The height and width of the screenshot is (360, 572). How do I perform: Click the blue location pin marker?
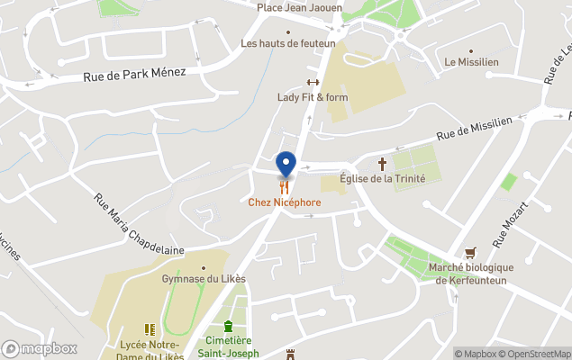pyautogui.click(x=286, y=163)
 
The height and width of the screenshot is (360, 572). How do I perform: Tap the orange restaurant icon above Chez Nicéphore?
pyautogui.click(x=285, y=187)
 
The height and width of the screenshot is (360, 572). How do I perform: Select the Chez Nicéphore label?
pyautogui.click(x=285, y=202)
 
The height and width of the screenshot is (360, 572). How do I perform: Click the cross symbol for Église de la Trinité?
pyautogui.click(x=382, y=164)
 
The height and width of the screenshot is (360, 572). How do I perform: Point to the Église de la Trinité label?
pyautogui.click(x=382, y=178)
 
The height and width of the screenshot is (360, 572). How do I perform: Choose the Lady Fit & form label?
pyautogui.click(x=313, y=97)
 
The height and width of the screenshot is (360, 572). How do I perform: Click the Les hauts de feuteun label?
pyautogui.click(x=288, y=43)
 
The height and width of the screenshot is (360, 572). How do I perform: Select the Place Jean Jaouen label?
pyautogui.click(x=299, y=7)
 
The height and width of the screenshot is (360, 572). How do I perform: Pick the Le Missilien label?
pyautogui.click(x=470, y=62)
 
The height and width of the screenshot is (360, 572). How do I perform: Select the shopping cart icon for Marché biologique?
pyautogui.click(x=469, y=253)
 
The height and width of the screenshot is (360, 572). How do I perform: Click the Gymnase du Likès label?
pyautogui.click(x=204, y=278)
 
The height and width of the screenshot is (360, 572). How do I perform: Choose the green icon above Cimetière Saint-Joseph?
pyautogui.click(x=228, y=326)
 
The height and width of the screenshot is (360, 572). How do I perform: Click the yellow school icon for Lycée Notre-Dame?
pyautogui.click(x=150, y=329)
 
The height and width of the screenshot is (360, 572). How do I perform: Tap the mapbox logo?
pyautogui.click(x=40, y=348)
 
